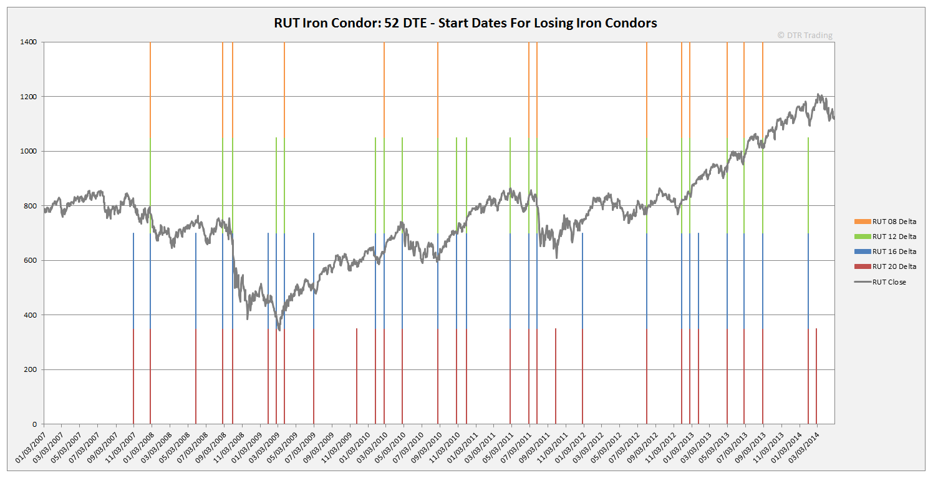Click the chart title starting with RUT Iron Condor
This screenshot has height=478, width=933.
pyautogui.click(x=465, y=23)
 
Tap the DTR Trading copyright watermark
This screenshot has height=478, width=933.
pyautogui.click(x=805, y=36)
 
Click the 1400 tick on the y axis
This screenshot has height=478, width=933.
pyautogui.click(x=29, y=42)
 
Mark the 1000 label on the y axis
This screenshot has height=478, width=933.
pyautogui.click(x=29, y=151)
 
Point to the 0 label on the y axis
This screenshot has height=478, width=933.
pyautogui.click(x=34, y=424)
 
